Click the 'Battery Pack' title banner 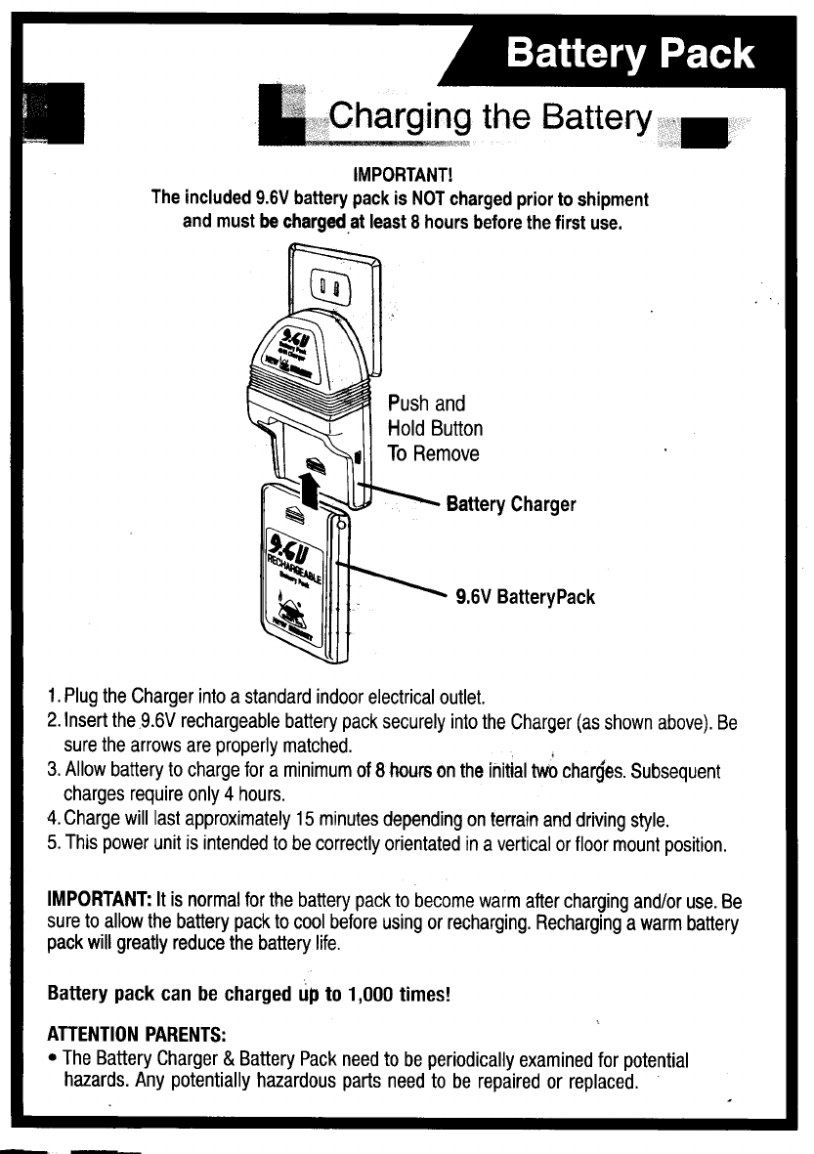629,54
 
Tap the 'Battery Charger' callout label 510,505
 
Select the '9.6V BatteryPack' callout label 526,596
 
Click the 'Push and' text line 426,404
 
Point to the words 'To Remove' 433,453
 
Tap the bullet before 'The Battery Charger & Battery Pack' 53,1060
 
